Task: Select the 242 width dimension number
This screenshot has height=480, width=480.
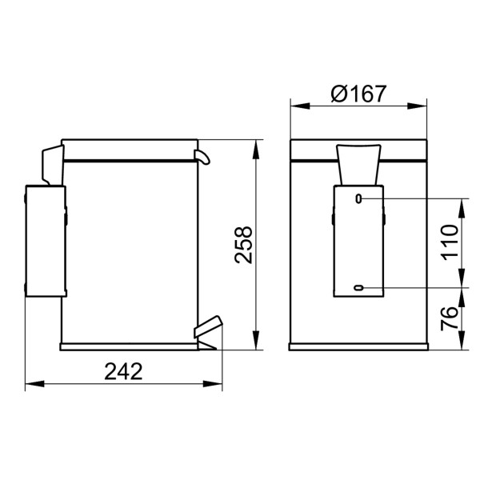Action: tap(123, 371)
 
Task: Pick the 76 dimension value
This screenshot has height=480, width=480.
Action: tap(450, 318)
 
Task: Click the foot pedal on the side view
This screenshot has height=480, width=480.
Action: tap(206, 328)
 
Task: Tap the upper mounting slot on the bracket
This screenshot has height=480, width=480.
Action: tap(358, 198)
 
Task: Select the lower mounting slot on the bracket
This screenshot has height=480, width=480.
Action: tap(358, 287)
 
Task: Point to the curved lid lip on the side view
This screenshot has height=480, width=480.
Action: tap(203, 156)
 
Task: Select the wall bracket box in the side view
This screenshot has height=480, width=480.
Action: tap(45, 241)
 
